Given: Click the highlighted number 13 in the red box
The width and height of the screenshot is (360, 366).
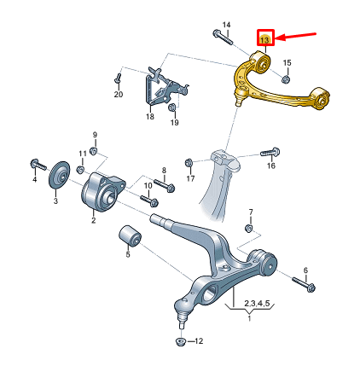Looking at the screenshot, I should tap(264, 38).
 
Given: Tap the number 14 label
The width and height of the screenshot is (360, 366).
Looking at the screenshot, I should tap(226, 24).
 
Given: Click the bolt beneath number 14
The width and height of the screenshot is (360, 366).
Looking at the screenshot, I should tap(224, 38).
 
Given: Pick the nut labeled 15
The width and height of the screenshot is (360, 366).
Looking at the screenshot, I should tap(285, 78).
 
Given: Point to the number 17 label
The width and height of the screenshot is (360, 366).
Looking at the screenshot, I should tap(189, 179).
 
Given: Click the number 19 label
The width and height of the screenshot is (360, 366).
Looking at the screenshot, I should tap(174, 123).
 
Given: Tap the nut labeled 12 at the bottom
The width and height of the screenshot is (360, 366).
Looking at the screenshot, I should tap(180, 342).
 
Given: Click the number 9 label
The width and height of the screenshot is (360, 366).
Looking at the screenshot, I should tap(95, 136).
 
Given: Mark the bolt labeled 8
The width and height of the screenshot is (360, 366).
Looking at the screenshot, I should tap(165, 186).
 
